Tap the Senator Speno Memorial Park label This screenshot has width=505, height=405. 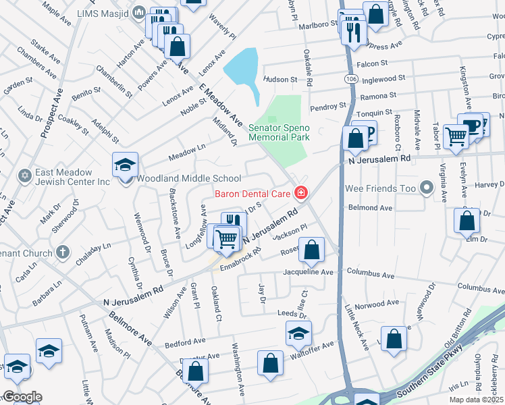(279, 132)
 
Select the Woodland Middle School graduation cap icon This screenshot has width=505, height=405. (126, 165)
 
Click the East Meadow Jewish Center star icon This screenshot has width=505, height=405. (25, 175)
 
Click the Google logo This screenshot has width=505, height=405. (22, 397)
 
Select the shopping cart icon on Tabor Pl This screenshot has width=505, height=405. (456, 136)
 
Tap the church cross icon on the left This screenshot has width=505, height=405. (63, 253)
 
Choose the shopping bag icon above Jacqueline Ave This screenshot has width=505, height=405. (311, 251)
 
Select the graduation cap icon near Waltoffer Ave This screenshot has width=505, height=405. (298, 332)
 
